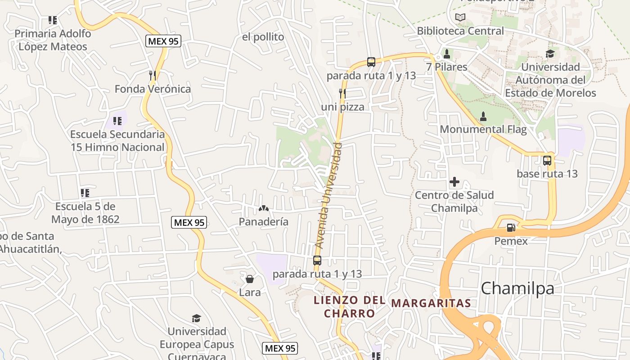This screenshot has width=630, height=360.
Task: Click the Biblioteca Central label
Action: pos(460,31)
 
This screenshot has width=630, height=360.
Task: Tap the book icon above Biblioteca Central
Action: pos(460,18)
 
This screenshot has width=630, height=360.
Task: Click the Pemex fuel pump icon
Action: pos(511,228)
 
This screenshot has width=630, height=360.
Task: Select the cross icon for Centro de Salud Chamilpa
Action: pos(454,182)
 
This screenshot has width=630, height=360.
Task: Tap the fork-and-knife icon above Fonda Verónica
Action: pos(153,75)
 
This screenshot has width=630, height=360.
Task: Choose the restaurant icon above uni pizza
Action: pos(342,93)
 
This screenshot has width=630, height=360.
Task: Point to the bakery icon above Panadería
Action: pos(264,208)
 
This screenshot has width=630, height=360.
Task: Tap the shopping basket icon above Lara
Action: pos(250,279)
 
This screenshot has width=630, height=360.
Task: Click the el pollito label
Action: pos(263,37)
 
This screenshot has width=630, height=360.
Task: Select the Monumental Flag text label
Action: pos(483,130)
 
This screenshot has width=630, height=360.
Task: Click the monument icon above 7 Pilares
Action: pos(447,54)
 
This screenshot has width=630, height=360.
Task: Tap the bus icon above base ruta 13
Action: pos(547,160)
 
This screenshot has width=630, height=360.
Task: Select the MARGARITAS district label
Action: pos(431,303)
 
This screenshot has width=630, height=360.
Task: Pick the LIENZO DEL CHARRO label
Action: pos(350,306)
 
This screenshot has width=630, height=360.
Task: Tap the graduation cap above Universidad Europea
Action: pos(197,319)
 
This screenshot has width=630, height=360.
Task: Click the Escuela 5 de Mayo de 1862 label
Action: pos(85,213)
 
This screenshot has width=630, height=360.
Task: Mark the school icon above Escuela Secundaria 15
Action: pos(117,121)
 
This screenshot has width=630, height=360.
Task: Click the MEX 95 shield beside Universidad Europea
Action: pos(280,348)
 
